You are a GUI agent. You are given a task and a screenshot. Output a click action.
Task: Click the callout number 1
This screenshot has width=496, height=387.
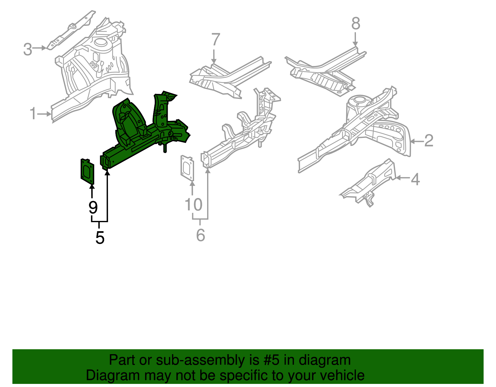click(x=33, y=114)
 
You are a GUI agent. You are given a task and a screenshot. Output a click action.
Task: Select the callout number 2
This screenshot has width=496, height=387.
click(x=429, y=141)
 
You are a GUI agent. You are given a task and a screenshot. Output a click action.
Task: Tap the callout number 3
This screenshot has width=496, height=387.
click(x=28, y=50)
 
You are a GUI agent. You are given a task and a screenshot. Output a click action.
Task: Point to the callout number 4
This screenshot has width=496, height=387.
click(x=415, y=179)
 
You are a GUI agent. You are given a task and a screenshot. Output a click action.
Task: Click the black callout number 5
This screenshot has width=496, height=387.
click(x=100, y=238)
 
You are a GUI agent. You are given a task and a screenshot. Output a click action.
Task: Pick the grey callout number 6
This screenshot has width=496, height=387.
click(x=201, y=235)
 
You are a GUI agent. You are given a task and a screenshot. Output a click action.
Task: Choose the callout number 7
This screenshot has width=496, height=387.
click(x=215, y=40)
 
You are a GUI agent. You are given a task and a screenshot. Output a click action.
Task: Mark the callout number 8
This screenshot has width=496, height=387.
click(x=356, y=24)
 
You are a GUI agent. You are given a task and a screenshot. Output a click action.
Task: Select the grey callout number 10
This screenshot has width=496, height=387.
click(x=193, y=205)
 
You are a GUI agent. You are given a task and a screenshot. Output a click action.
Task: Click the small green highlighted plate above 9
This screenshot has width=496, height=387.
click(x=87, y=171)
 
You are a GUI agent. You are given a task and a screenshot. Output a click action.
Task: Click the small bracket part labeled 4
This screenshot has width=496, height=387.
click(x=370, y=183)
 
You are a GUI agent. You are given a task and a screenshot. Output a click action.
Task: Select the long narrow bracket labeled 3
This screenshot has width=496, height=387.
click(x=71, y=29)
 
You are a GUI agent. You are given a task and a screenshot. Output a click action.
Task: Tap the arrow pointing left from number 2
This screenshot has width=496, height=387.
click(x=415, y=141)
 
